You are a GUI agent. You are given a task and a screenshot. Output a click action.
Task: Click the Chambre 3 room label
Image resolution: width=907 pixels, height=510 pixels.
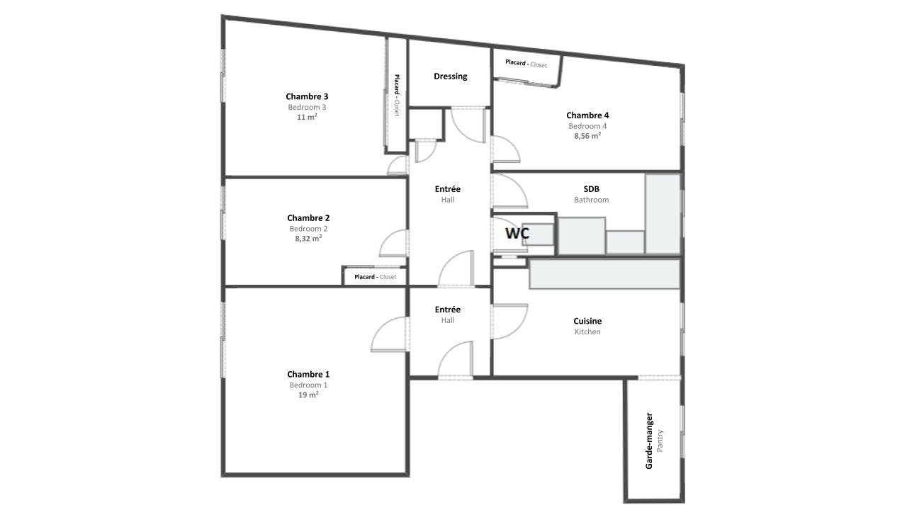pos(307,96)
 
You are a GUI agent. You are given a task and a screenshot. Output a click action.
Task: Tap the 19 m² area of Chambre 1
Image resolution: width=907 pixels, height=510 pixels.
pos(308,395)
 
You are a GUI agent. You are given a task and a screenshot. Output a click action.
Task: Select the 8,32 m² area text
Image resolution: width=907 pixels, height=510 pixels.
pos(308,239)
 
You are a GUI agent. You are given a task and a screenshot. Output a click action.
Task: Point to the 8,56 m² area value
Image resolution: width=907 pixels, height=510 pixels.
pos(587,135)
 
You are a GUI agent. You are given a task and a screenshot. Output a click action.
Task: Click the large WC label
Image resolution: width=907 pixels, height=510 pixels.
pos(517,233)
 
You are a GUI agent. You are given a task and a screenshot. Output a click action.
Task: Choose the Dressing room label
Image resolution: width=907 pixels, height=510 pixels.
pos(450,76)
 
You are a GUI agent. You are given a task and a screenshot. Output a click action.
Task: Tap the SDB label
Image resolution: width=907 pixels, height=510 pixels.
pos(591,188)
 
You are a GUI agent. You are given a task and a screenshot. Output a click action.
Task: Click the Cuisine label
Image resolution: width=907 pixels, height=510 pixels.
pos(587,321)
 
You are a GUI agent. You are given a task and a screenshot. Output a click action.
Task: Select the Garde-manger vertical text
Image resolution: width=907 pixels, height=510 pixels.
pos(649,441)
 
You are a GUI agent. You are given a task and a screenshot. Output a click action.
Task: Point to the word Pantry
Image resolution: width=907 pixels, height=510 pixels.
pos(660,441)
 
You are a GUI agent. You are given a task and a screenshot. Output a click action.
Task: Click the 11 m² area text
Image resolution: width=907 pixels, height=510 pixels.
pos(307,117)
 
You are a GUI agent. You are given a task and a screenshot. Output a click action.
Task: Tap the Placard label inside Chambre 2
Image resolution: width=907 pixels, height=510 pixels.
pos(364,277)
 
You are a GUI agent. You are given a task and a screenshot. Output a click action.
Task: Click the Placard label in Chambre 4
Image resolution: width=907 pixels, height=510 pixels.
pos(515,62)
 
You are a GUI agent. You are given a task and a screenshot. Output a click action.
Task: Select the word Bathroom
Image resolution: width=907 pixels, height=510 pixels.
pos(591,200)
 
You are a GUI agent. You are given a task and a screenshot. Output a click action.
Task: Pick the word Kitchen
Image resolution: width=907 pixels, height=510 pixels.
pos(587,332)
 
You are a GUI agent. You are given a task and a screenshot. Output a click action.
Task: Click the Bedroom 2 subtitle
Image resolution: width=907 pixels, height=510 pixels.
pos(308,229)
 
